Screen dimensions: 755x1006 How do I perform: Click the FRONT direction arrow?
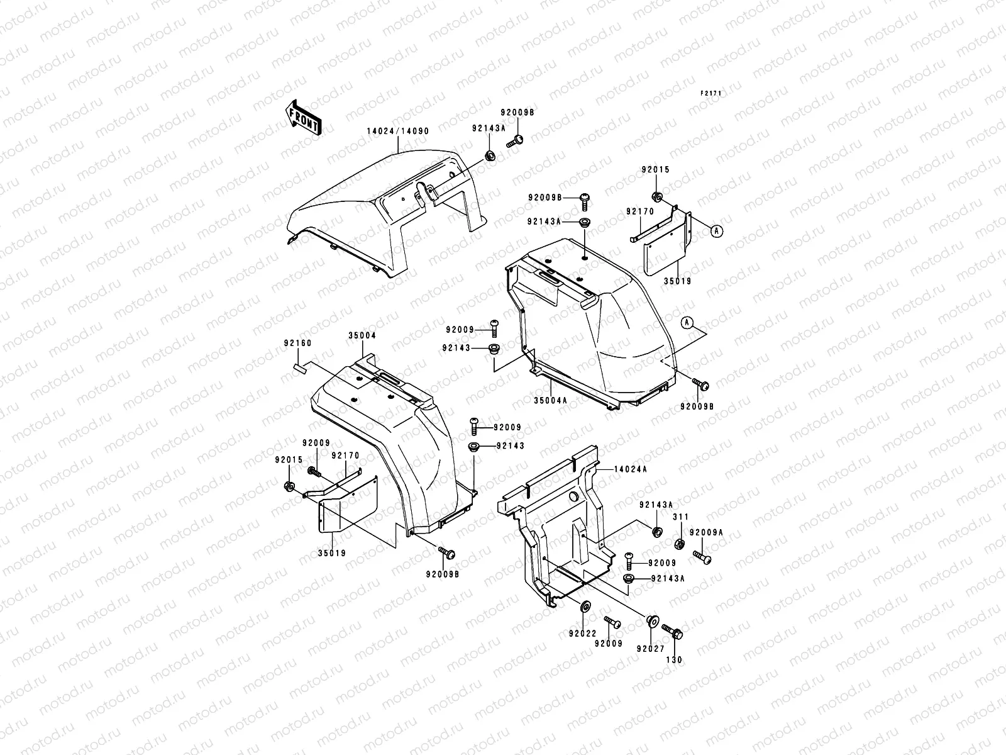click(304, 117)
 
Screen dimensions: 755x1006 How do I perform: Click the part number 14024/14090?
click(397, 131)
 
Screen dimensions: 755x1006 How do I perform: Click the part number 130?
click(673, 660)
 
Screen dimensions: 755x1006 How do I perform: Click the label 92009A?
click(706, 532)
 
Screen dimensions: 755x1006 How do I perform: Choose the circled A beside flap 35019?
click(716, 231)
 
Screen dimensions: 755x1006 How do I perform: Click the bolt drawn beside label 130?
click(672, 632)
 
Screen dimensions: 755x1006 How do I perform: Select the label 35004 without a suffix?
click(362, 335)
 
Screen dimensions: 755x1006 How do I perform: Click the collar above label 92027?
click(652, 621)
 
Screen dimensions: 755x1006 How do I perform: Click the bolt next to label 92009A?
click(702, 556)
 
